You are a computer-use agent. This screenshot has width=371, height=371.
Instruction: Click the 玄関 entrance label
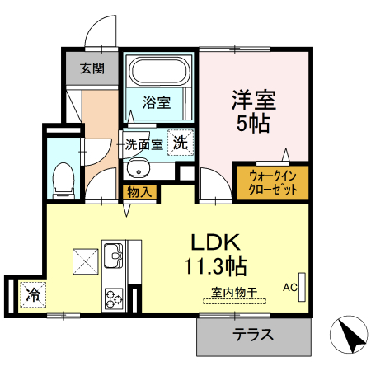(92, 68)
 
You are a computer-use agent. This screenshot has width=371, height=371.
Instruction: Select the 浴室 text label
(157, 103)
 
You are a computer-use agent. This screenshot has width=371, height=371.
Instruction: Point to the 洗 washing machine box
(180, 142)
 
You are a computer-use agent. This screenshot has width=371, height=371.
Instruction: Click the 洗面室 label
(143, 144)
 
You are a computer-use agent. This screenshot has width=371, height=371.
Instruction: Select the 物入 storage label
(139, 192)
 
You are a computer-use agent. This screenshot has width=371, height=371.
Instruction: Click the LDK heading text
(215, 242)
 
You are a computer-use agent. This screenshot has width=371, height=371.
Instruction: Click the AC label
(290, 288)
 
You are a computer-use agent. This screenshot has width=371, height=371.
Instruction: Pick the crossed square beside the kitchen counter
(86, 261)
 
